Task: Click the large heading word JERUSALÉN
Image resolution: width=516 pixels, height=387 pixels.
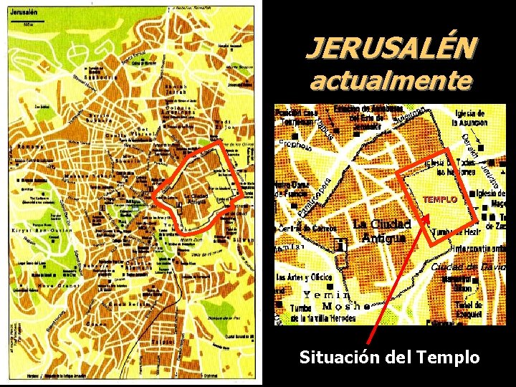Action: (391, 48)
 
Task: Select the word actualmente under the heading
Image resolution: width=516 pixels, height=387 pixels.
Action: (391, 80)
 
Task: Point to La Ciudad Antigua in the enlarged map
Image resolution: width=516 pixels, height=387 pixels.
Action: (381, 231)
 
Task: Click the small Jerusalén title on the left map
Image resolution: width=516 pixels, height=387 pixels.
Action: (24, 14)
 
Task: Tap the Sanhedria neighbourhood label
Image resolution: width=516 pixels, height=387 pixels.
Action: (100, 77)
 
